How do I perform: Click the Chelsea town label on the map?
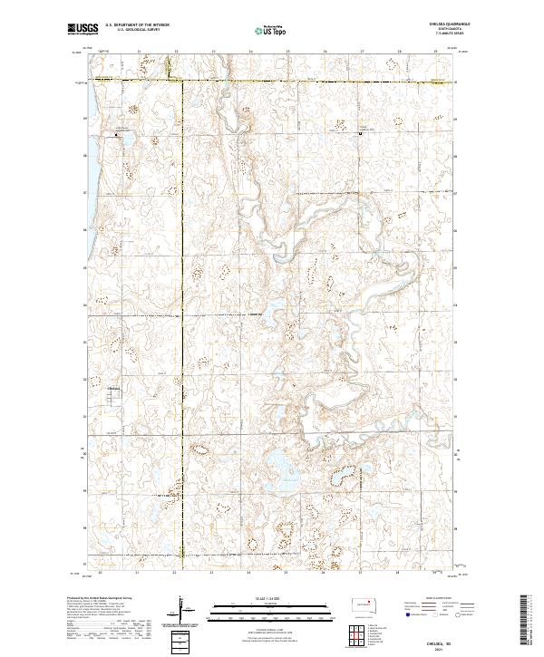pos(114,387)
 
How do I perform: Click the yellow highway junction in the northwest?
pos(178,82)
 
